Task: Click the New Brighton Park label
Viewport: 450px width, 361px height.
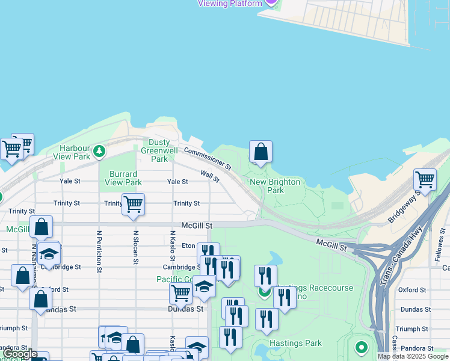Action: pyautogui.click(x=267, y=186)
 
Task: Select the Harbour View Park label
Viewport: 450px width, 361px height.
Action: pyautogui.click(x=75, y=152)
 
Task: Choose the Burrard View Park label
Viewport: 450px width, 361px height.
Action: pyautogui.click(x=123, y=178)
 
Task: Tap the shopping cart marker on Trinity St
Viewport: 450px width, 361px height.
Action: pyautogui.click(x=133, y=204)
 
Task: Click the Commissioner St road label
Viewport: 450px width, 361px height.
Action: pyautogui.click(x=208, y=159)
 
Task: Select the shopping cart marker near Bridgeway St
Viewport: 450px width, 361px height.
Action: pyautogui.click(x=425, y=179)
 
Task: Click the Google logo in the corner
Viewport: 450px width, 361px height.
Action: pyautogui.click(x=19, y=354)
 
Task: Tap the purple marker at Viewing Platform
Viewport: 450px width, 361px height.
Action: pyautogui.click(x=271, y=2)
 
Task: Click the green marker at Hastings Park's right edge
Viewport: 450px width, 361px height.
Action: pyautogui.click(x=361, y=348)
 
